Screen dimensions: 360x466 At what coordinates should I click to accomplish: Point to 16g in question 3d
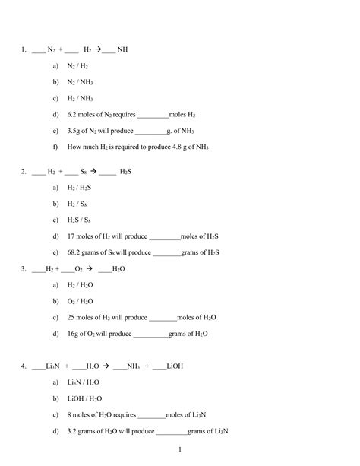(x=74, y=334)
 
